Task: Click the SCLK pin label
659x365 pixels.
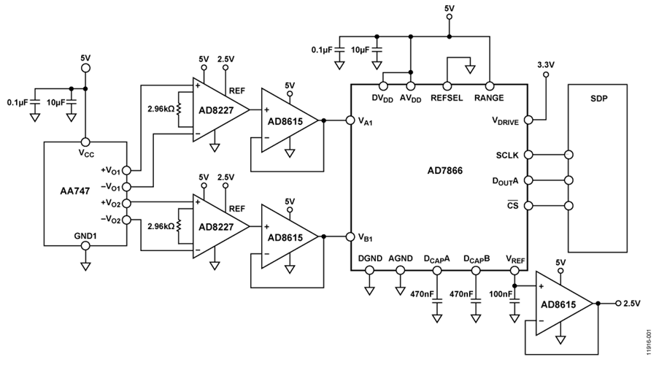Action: coord(506,155)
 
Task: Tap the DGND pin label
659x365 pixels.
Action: coord(370,257)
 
